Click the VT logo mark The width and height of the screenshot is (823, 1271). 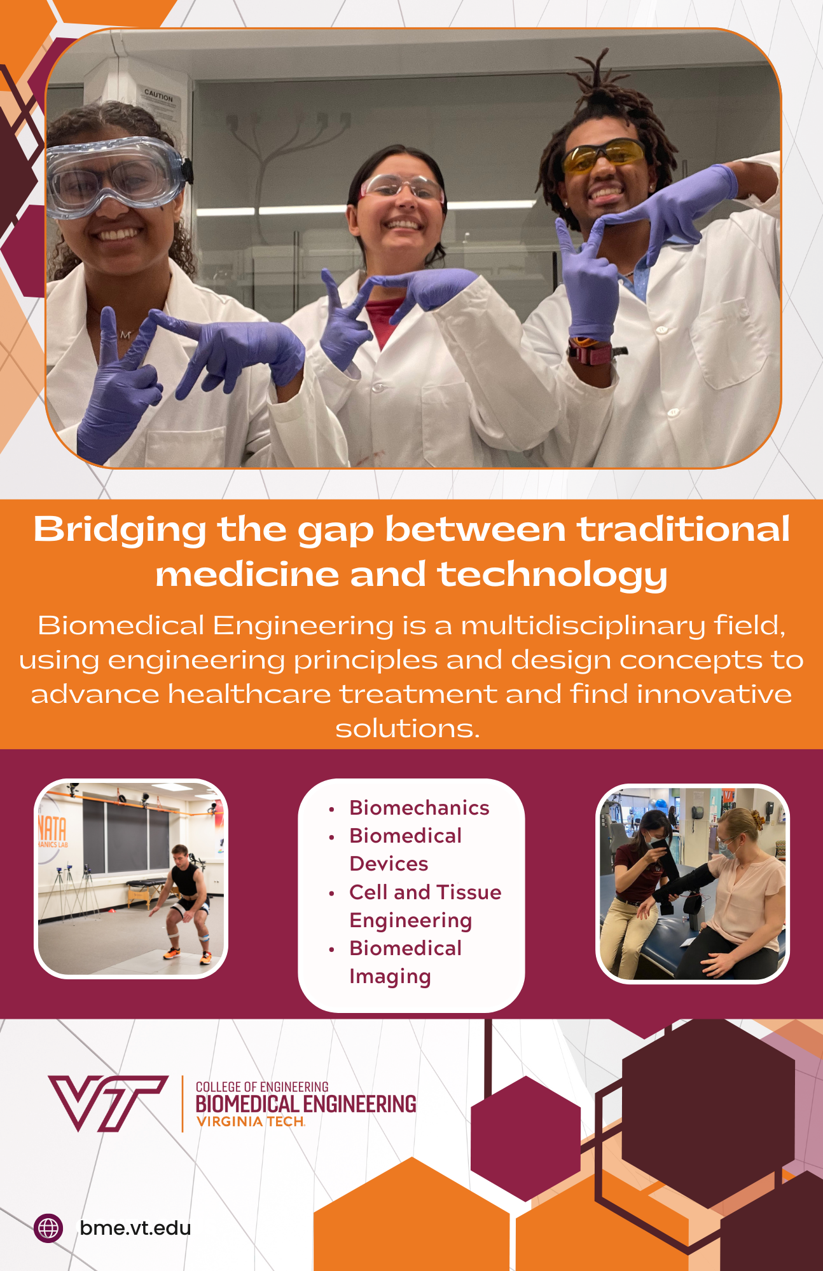[x=108, y=1103]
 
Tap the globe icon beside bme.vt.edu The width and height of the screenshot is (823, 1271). [x=48, y=1228]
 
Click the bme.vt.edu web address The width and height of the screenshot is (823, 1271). [x=135, y=1228]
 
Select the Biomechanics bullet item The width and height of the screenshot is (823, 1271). [x=419, y=808]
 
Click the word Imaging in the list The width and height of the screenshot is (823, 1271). [x=390, y=977]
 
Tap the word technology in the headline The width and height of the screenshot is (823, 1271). [x=552, y=576]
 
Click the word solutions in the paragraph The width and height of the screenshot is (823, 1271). [x=407, y=729]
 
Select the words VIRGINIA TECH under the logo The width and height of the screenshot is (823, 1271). [x=251, y=1122]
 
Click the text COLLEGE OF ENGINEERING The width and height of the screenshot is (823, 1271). [x=262, y=1087]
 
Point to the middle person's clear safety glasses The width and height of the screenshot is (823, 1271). [x=402, y=187]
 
